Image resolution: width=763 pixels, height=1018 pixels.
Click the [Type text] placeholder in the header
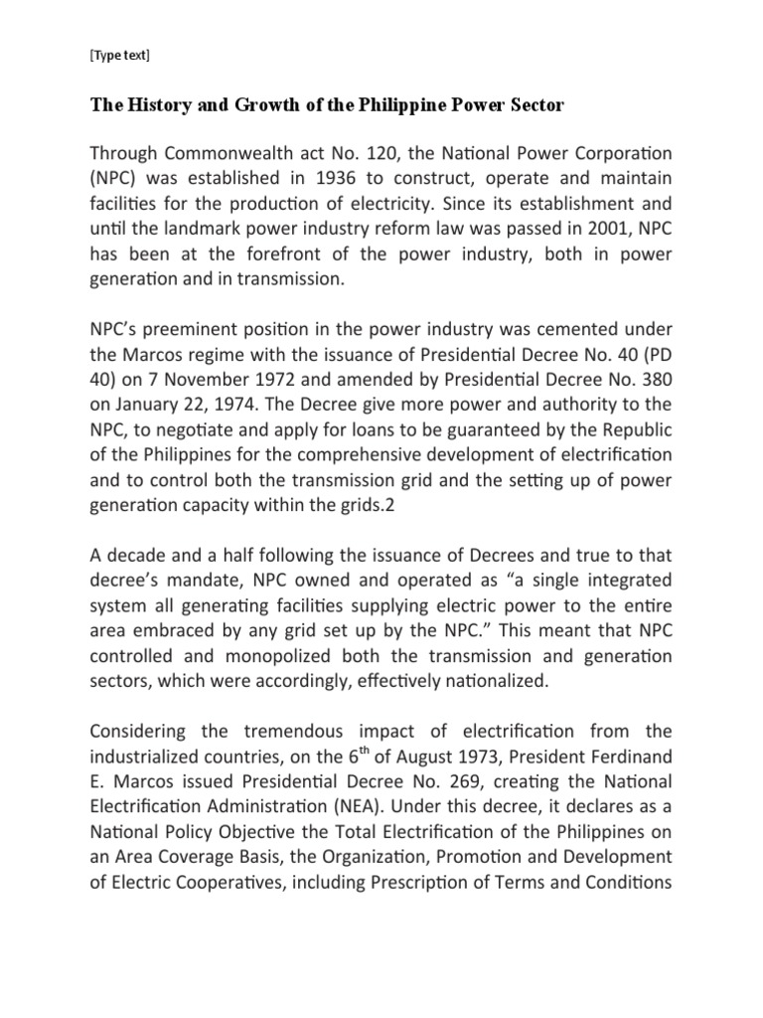click(119, 56)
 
